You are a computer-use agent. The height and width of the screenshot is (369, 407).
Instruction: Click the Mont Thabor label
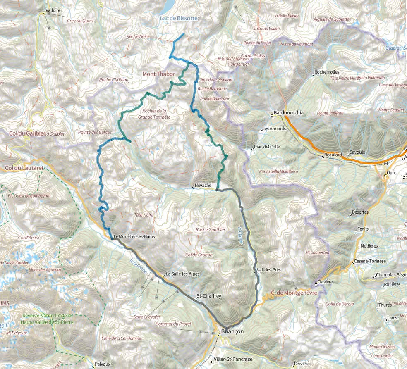[159, 74]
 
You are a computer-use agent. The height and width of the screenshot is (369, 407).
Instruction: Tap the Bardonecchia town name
[289, 113]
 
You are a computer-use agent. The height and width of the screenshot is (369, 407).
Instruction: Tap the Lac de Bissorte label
[179, 19]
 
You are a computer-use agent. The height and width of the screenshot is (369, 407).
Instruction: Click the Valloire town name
[54, 10]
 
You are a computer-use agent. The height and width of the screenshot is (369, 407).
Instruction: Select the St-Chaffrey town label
[209, 296]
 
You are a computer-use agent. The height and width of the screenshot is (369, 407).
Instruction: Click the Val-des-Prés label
[269, 270]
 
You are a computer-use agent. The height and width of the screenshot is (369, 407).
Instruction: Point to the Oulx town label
[391, 174]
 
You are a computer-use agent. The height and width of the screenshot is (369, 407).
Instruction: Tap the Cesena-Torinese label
[370, 261]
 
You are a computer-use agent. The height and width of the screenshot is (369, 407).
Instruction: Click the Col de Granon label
[199, 255]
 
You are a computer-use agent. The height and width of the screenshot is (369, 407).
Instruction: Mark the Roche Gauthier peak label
[211, 230]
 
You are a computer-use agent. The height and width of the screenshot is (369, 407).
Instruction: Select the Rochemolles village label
[327, 71]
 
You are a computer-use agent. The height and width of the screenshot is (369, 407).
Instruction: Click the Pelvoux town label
[102, 364]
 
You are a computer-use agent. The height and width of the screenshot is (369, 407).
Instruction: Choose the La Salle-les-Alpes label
[182, 274]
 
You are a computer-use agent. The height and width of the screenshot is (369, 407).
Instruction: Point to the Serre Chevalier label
[147, 317]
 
